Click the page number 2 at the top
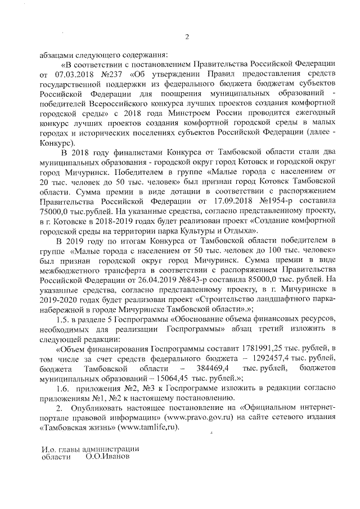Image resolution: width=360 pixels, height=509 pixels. (187, 37)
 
